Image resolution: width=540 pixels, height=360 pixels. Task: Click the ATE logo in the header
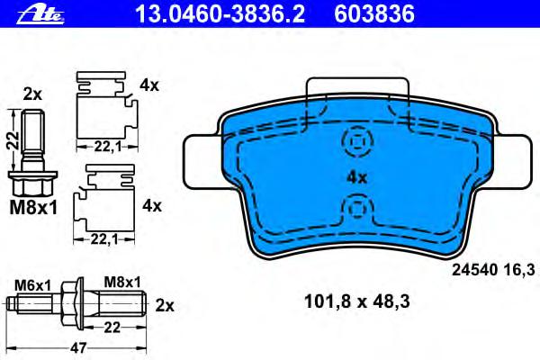[40, 14]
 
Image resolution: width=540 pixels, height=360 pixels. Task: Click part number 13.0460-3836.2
[220, 13]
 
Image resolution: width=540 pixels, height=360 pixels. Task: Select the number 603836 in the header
[374, 13]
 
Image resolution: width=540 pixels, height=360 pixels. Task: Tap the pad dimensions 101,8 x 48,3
[357, 301]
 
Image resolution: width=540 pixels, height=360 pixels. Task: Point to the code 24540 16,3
[493, 270]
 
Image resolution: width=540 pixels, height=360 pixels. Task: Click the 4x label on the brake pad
[357, 178]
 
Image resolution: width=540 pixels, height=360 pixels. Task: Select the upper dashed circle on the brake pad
[358, 140]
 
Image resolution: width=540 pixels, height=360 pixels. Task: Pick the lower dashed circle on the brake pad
[358, 207]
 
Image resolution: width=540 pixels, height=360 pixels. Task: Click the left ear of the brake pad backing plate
[202, 162]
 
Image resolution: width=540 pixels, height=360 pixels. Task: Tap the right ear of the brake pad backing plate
[514, 162]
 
